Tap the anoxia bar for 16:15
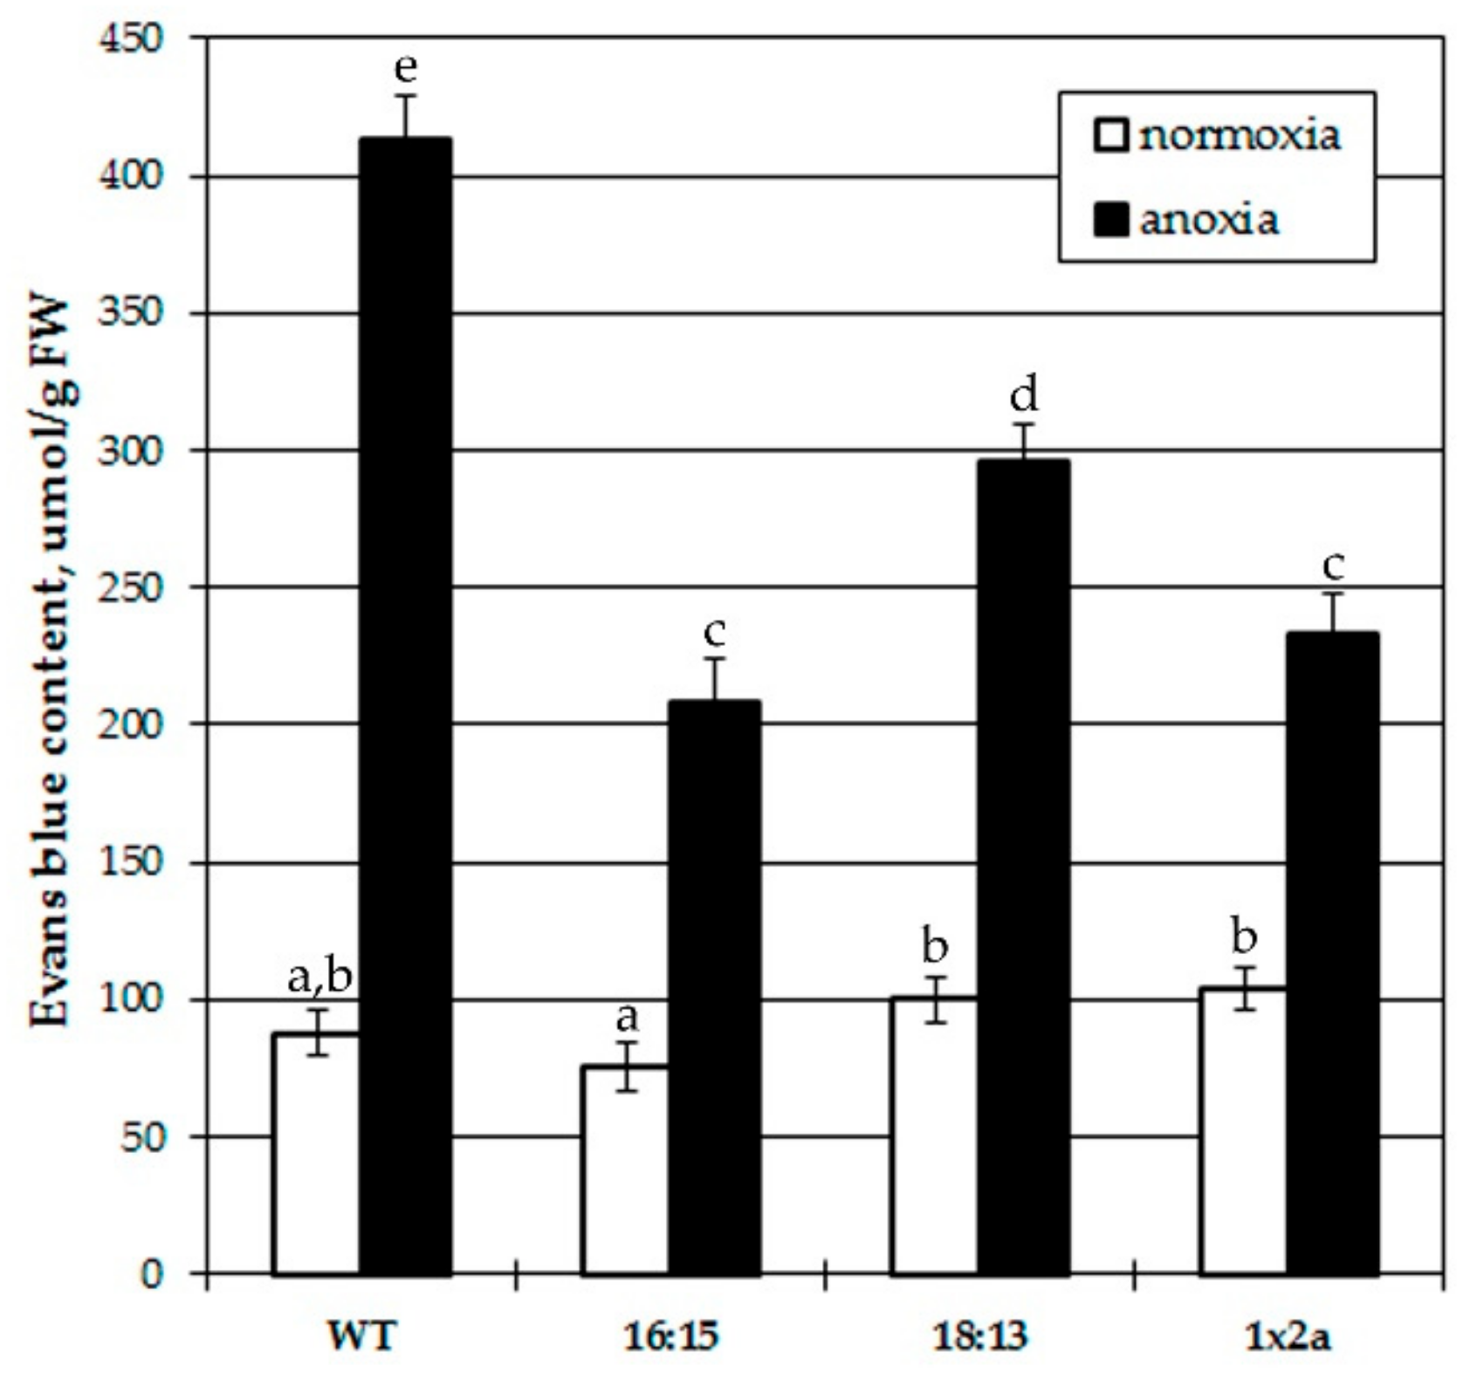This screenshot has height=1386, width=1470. (x=714, y=986)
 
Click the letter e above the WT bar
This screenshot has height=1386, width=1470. (x=406, y=67)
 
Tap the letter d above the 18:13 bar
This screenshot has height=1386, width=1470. (x=1024, y=396)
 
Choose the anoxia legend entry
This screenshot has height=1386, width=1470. (x=1187, y=220)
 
